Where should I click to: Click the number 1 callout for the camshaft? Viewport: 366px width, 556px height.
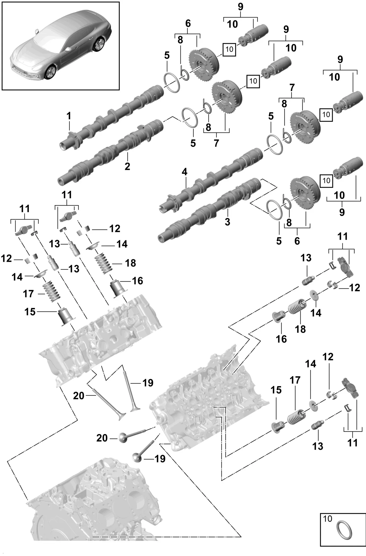point(69,116)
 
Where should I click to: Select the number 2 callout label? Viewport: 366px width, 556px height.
point(127,166)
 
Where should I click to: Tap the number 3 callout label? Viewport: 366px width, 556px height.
point(227,222)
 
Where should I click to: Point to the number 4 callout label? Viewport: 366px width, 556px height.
point(185,172)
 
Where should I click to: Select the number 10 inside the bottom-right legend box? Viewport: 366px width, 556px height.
point(327,519)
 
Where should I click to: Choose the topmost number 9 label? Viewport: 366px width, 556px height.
point(241,7)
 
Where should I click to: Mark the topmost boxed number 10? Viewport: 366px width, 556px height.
point(229,49)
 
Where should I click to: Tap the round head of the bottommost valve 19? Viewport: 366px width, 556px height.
point(137,458)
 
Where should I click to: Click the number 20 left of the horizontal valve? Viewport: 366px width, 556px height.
point(102,438)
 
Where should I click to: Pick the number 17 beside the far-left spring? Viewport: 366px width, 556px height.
point(28,294)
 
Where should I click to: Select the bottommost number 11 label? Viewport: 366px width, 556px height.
point(353,443)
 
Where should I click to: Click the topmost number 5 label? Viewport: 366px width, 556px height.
point(167,56)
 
